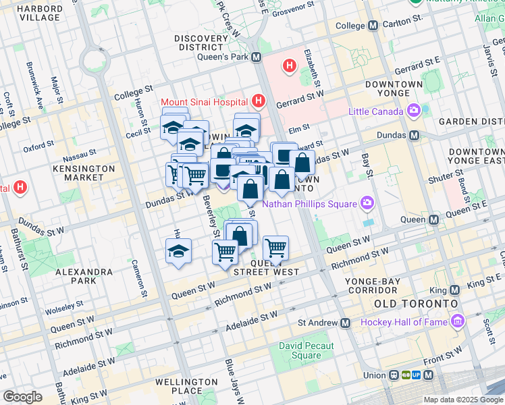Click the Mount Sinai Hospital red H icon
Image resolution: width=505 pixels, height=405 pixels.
click(257, 102)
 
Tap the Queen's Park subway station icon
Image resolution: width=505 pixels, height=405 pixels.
click(257, 58)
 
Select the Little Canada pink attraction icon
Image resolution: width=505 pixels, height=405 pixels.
click(413, 111)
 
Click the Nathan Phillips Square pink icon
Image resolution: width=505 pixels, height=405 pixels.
click(367, 202)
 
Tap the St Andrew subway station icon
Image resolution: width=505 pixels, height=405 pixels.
click(345, 323)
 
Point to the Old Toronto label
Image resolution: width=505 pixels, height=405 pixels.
click(411, 304)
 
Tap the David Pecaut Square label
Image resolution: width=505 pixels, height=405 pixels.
click(306, 351)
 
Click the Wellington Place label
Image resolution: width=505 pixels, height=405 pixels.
click(187, 386)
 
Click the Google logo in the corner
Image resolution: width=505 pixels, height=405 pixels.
click(22, 396)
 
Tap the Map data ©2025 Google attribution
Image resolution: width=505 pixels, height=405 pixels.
click(463, 400)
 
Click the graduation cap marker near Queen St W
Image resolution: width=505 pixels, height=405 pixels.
click(178, 252)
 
